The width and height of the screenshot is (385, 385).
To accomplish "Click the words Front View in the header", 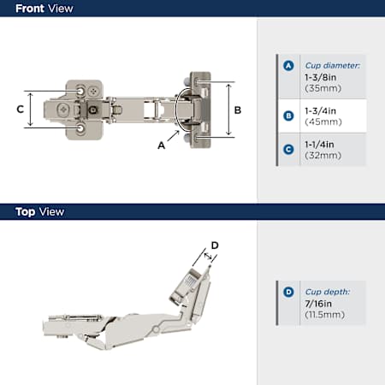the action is [x=44, y=9].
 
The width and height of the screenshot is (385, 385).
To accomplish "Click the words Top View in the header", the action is [x=39, y=212].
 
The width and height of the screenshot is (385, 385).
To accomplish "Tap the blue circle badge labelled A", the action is [x=288, y=66].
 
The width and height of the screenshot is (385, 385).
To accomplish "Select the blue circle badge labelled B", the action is [x=288, y=115].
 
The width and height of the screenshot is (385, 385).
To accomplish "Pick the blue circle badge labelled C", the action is [x=288, y=149].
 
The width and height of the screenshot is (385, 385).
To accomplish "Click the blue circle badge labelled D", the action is [x=288, y=292].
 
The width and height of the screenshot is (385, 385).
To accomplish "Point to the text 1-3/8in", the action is [x=320, y=77].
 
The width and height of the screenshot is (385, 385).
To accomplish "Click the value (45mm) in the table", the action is [x=323, y=122].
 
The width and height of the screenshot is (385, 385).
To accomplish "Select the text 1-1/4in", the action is [x=319, y=145].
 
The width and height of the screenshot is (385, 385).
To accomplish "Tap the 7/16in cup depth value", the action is [x=318, y=304].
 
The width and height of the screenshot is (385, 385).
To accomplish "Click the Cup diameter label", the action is [x=333, y=66].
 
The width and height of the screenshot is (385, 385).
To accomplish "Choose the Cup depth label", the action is [x=328, y=292].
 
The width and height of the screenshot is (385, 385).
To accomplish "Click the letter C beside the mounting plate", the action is [x=20, y=110].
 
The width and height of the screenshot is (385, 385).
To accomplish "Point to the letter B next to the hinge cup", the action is [x=238, y=110].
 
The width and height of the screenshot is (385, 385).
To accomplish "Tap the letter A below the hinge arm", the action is [x=162, y=145].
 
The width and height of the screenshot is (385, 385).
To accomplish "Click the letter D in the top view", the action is [x=215, y=246].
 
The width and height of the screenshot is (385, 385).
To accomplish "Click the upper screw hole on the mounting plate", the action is [x=80, y=92].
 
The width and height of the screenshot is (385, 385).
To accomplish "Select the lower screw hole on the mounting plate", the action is [x=80, y=128].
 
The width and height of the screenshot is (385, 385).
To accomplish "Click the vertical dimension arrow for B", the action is [x=228, y=110].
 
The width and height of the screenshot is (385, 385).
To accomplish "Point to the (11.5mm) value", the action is [x=324, y=315].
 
